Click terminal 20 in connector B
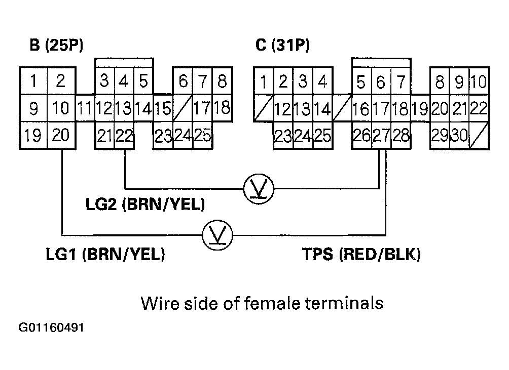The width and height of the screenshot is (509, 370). click(x=61, y=136)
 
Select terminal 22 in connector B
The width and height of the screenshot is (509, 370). click(x=124, y=136)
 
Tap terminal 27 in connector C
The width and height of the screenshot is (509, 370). click(x=381, y=136)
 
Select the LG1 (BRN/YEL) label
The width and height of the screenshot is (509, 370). click(x=105, y=255)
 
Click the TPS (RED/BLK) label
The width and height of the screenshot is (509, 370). click(x=361, y=255)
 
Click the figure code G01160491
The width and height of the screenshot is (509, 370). click(x=52, y=328)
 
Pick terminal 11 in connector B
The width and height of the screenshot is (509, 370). click(x=85, y=108)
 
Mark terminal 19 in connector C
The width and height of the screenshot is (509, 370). click(x=420, y=108)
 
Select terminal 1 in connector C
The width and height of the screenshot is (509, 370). click(x=264, y=81)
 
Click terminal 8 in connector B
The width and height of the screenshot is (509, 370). click(x=222, y=81)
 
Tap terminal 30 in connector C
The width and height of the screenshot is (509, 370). click(x=459, y=136)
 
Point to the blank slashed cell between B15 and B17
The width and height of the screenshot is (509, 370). click(x=183, y=108)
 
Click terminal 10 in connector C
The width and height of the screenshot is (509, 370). click(x=478, y=81)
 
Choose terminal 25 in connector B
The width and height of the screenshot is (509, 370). click(x=202, y=136)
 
